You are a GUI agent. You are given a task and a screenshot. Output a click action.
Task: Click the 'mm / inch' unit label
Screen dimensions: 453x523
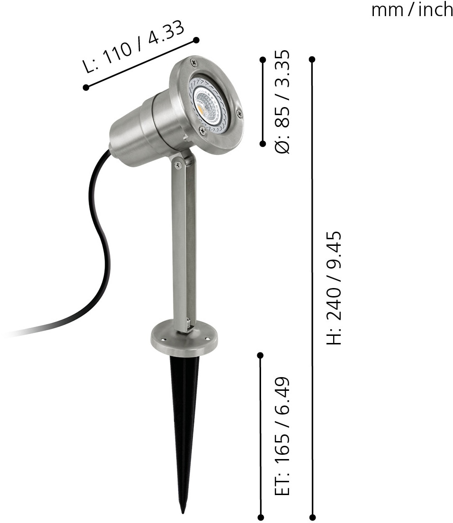click(x=412, y=10)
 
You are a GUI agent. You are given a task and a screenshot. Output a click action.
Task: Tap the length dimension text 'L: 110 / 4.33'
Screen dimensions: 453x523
click(x=134, y=46)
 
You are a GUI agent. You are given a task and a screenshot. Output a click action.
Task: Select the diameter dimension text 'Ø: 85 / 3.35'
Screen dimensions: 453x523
click(x=281, y=102)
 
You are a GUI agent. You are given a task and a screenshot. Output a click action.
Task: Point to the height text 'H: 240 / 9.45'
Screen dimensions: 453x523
click(x=334, y=288)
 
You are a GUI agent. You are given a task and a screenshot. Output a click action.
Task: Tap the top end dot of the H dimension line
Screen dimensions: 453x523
click(x=312, y=60)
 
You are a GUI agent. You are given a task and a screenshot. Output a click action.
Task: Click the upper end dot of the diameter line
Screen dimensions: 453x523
click(x=263, y=60)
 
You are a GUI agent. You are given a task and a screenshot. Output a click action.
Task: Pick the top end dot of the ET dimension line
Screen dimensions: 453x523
click(x=261, y=356)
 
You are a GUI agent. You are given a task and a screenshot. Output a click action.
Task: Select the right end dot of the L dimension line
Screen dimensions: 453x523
click(x=197, y=40)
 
